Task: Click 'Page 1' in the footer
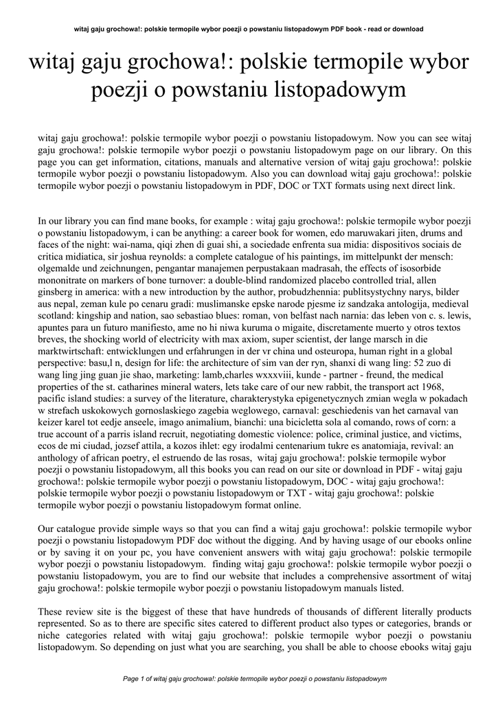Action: (135, 678)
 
